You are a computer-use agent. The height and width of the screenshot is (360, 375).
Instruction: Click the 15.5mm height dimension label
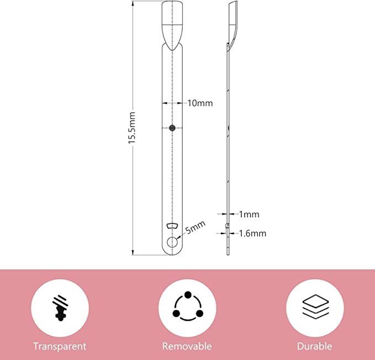tap(132, 128)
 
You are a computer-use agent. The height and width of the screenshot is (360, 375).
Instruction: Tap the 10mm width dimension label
tap(200, 103)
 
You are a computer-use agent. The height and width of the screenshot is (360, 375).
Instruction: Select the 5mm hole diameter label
tap(196, 227)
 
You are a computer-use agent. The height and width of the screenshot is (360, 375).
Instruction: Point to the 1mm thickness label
tap(249, 214)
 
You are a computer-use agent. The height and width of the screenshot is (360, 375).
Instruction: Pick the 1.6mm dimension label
tap(252, 233)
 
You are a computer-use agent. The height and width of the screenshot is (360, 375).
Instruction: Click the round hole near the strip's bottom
tap(172, 242)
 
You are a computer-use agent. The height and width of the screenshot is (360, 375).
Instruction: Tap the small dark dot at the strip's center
tap(172, 128)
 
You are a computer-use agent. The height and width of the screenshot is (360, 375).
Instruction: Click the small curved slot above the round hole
tap(172, 226)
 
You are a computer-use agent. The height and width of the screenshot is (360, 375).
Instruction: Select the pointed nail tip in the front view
tap(172, 27)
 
